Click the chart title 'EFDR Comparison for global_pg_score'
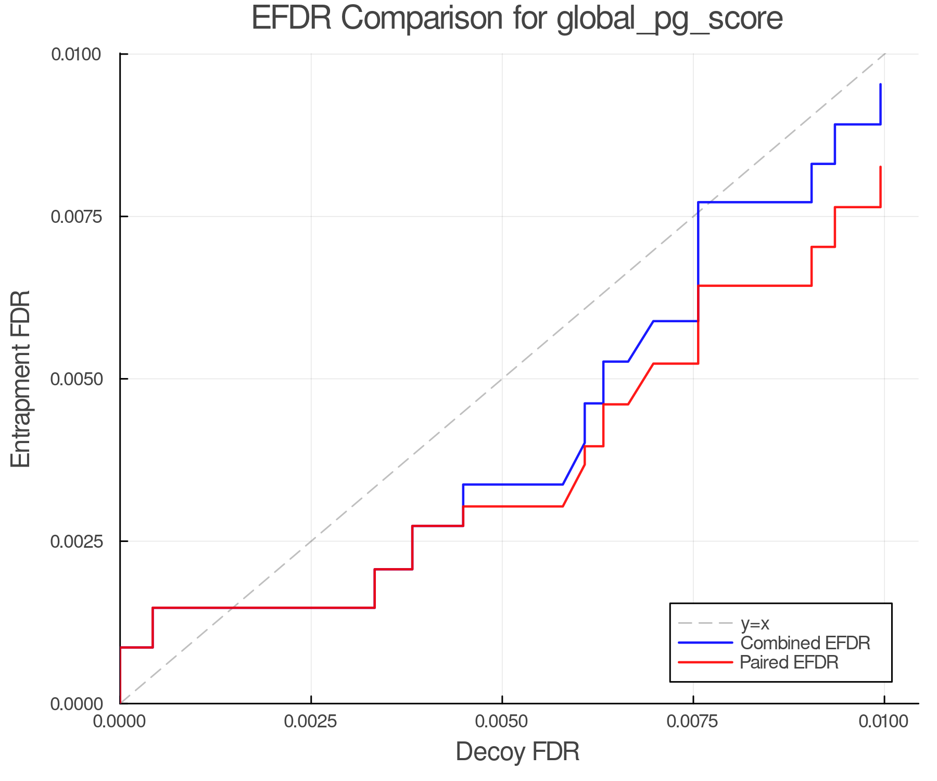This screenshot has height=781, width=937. [517, 19]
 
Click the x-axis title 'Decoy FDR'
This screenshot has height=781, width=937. [517, 752]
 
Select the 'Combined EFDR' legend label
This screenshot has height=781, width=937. [805, 643]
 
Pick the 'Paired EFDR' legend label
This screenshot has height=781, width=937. [789, 662]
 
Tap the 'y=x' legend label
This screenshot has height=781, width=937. [755, 623]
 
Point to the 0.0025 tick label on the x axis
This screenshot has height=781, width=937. [311, 722]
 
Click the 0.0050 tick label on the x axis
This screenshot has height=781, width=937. [502, 722]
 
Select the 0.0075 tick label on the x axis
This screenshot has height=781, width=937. [693, 722]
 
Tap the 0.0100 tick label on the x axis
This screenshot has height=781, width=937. [884, 722]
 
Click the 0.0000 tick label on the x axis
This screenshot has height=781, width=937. [120, 722]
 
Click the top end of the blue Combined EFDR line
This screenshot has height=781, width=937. [880, 84]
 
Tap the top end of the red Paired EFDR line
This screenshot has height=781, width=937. [880, 167]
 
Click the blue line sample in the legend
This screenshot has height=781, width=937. [705, 643]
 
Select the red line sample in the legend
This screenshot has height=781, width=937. [705, 662]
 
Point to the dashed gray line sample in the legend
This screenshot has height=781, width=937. [705, 623]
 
